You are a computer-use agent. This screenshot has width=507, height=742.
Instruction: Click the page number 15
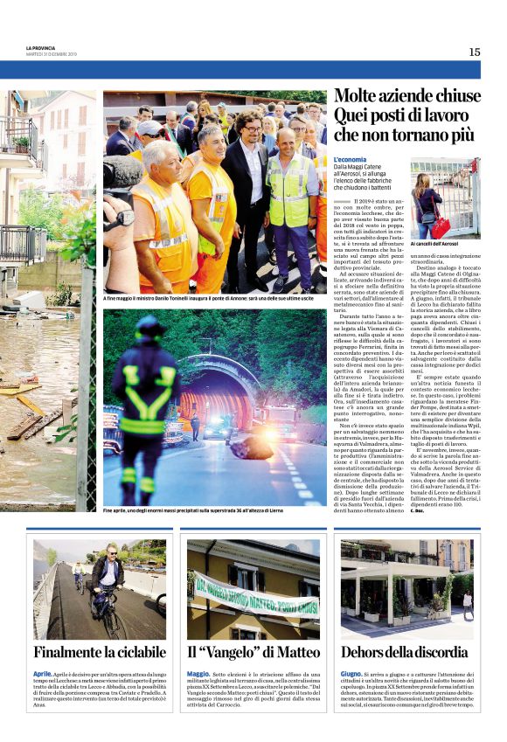(x=474, y=52)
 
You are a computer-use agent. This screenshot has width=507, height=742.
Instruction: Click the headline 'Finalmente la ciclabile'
(x=100, y=652)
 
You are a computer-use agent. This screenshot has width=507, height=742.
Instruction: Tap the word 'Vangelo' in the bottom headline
(x=241, y=652)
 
